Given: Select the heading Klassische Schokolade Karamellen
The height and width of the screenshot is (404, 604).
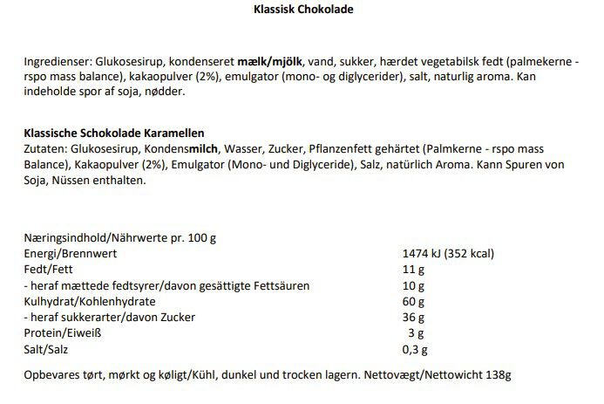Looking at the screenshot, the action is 114,133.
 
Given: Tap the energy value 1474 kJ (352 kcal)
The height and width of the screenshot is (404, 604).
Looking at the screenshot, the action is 445,254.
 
